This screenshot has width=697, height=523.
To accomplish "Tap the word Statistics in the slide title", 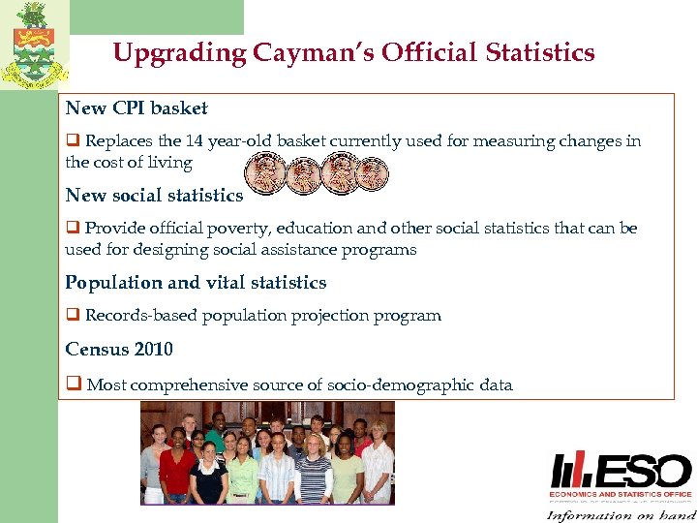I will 538,52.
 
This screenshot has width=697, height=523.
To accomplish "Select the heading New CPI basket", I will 136,108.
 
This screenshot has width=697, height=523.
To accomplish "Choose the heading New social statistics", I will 154,195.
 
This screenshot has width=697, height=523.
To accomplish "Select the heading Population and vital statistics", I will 196,283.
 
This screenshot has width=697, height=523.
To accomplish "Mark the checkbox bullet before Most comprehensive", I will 73,385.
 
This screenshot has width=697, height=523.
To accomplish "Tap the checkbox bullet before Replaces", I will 73,141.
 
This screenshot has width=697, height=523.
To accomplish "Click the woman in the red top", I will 177,465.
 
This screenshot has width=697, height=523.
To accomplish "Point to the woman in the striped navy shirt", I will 314,470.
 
